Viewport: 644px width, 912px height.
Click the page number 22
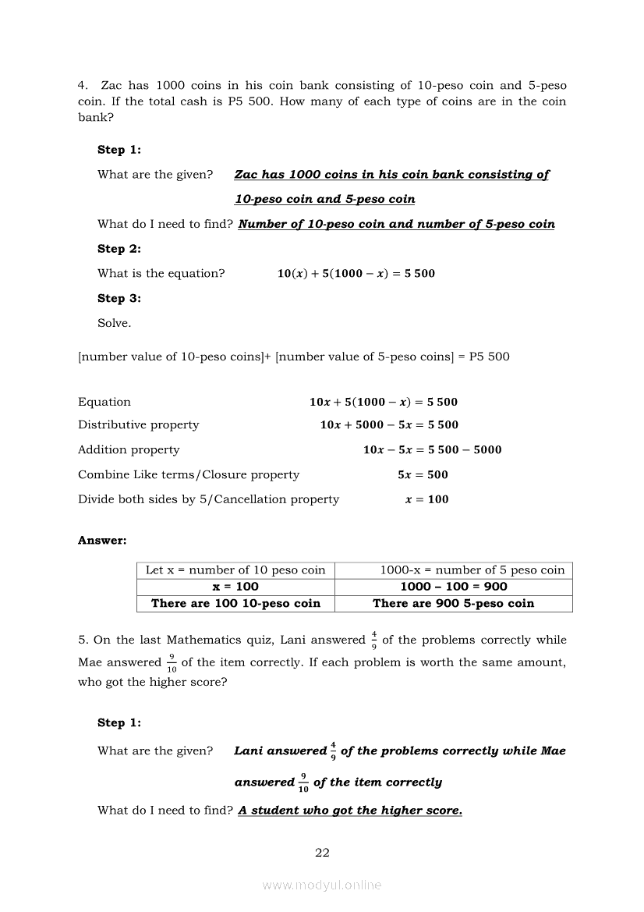click(x=322, y=853)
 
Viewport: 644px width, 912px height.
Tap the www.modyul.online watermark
click(x=322, y=885)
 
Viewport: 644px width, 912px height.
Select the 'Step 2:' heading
click(x=119, y=249)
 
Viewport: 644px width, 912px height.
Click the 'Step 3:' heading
click(x=119, y=298)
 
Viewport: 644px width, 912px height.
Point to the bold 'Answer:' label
click(x=102, y=540)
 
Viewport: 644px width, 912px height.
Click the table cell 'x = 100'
click(x=235, y=587)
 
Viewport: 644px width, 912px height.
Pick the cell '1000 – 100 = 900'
click(x=454, y=587)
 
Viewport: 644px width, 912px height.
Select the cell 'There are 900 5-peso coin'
click(x=454, y=603)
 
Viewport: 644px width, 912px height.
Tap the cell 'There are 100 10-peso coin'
click(x=235, y=603)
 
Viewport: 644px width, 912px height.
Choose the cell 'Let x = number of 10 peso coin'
click(x=235, y=570)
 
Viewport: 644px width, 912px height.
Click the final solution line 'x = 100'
click(x=427, y=499)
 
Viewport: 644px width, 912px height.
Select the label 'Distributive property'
click(x=139, y=425)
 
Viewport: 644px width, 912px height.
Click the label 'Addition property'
click(x=129, y=450)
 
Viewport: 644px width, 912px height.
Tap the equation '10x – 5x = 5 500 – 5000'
click(x=433, y=450)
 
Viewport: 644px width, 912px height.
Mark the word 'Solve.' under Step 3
click(x=115, y=323)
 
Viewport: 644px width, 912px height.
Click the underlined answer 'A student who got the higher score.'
click(x=350, y=811)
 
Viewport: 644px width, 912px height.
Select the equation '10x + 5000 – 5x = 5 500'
click(x=389, y=425)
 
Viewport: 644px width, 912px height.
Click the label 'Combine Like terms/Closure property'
click(x=189, y=474)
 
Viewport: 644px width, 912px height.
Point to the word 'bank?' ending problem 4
click(x=96, y=117)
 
